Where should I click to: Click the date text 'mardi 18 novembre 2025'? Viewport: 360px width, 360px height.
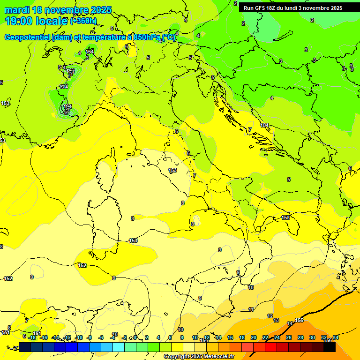pyautogui.click(x=58, y=10)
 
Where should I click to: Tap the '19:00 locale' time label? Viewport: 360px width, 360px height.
pyautogui.click(x=36, y=21)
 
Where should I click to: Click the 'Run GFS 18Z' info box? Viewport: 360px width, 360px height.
pyautogui.click(x=293, y=8)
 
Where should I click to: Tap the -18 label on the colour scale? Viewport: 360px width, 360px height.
pyautogui.click(x=32, y=337)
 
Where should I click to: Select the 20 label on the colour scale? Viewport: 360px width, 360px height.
pyautogui.click(x=253, y=337)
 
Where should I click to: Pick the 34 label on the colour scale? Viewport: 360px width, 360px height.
pyautogui.click(x=335, y=337)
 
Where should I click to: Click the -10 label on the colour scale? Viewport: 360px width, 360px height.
pyautogui.click(x=79, y=337)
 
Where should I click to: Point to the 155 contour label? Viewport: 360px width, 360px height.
pyautogui.click(x=299, y=321)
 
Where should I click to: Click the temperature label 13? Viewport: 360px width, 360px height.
pyautogui.click(x=277, y=321)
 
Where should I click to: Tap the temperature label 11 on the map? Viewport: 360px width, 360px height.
pyautogui.click(x=251, y=309)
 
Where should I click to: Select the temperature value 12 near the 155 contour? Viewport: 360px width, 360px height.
pyautogui.click(x=270, y=316)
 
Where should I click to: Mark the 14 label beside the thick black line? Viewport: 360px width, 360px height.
pyautogui.click(x=290, y=323)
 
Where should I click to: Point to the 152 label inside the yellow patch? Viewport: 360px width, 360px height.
pyautogui.click(x=82, y=265)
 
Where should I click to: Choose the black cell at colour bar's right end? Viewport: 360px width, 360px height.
pyautogui.click(x=330, y=347)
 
